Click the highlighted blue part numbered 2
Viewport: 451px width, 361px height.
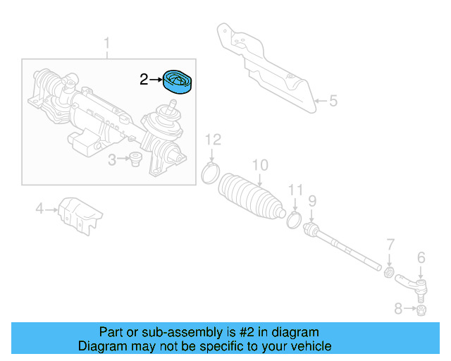[x=179, y=82]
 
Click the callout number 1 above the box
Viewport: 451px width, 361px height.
[x=107, y=47]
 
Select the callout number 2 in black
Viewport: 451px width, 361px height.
[x=144, y=80]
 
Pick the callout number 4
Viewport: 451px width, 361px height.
[x=40, y=208]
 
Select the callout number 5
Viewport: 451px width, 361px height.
[x=333, y=101]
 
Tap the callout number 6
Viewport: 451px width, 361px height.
[x=421, y=257]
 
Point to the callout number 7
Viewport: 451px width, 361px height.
[x=390, y=245]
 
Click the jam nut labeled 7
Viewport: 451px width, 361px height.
[x=388, y=271]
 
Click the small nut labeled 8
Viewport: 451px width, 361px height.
[x=421, y=310]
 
